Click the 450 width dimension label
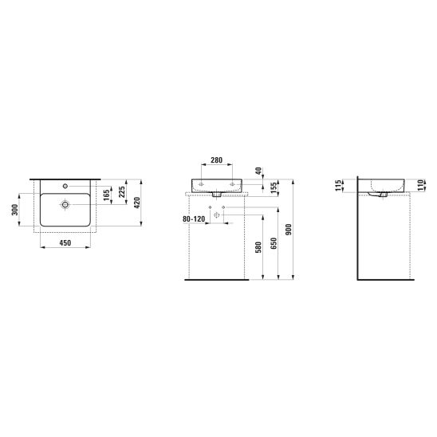pos(65,242)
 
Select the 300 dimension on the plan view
pos(15,210)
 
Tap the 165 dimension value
pos(107,195)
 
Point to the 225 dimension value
pos(122,191)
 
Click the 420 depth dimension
pos(137,203)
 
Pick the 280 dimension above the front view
pos(217,160)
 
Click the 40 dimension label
pos(258,171)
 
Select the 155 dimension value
pos(274,188)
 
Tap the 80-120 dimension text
pos(194,219)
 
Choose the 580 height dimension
pos(258,247)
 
